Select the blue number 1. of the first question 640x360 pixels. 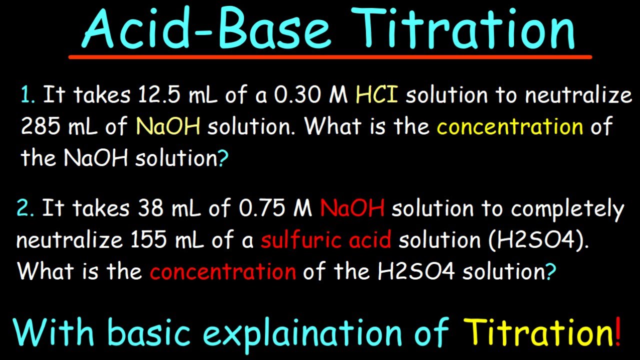click(28, 95)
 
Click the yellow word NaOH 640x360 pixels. click(168, 127)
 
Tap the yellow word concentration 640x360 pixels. click(509, 127)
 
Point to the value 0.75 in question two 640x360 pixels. click(262, 208)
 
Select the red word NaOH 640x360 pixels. click(352, 208)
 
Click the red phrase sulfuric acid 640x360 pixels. click(325, 240)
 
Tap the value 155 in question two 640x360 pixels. click(148, 240)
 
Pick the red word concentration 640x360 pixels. click(223, 271)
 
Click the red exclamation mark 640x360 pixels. click(618, 331)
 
